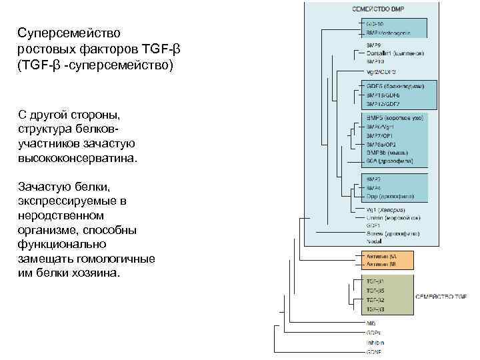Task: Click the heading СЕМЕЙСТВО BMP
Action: pyautogui.click(x=378, y=9)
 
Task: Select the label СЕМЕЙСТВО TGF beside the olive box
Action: pyautogui.click(x=442, y=295)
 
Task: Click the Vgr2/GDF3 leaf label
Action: pyautogui.click(x=381, y=71)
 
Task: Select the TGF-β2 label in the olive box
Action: pyautogui.click(x=375, y=300)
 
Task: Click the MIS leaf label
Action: pyautogui.click(x=371, y=323)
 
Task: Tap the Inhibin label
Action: pyautogui.click(x=375, y=342)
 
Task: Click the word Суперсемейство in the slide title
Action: pyautogui.click(x=59, y=33)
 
